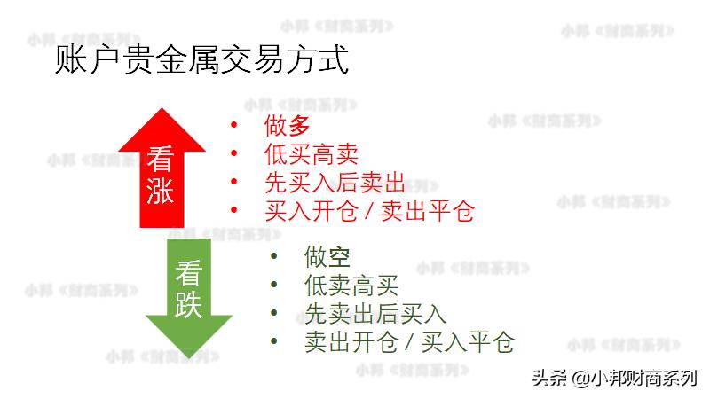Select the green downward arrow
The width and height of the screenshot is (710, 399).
click(x=187, y=293)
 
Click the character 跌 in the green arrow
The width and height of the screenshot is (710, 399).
click(x=187, y=304)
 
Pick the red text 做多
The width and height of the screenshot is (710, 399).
click(x=288, y=127)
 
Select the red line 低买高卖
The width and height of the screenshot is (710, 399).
click(x=311, y=154)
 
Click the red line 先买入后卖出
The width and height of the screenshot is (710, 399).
click(x=335, y=183)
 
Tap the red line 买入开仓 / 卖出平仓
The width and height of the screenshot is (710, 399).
click(x=369, y=210)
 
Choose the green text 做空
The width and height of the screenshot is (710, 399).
click(x=327, y=257)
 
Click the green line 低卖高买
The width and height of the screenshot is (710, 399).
click(x=351, y=286)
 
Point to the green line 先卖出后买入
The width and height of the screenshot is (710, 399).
click(x=375, y=313)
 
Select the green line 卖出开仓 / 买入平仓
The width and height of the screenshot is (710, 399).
click(x=409, y=341)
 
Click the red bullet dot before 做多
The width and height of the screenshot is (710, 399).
click(x=234, y=127)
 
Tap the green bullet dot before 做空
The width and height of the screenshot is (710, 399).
click(x=274, y=257)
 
